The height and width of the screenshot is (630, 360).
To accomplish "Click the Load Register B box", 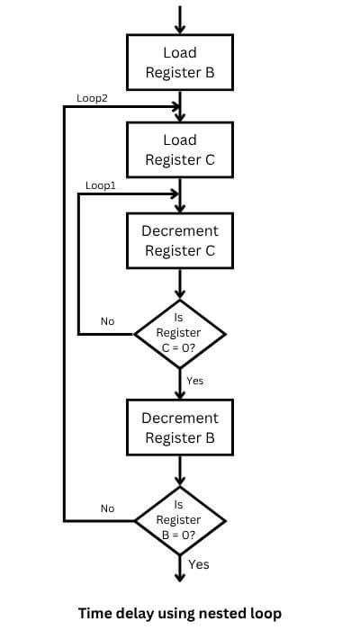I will click(x=180, y=63).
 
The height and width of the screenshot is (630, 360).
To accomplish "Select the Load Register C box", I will click(x=180, y=150).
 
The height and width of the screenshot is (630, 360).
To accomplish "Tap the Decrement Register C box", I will click(x=180, y=240).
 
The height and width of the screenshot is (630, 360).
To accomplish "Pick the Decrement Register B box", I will click(x=180, y=427).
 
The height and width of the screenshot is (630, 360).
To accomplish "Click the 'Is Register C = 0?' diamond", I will click(x=180, y=333).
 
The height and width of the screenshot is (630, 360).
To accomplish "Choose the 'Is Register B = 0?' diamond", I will click(x=180, y=520).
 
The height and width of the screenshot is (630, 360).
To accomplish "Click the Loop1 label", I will click(x=100, y=184).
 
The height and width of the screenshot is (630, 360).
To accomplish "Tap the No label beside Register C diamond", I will click(x=107, y=321).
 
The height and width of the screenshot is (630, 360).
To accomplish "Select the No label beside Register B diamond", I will click(x=107, y=508).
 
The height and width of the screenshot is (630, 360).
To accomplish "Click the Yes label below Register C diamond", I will click(x=194, y=381).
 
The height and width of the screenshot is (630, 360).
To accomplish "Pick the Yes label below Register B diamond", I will click(x=198, y=564).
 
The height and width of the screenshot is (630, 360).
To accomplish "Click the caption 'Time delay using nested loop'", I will click(x=180, y=613).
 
